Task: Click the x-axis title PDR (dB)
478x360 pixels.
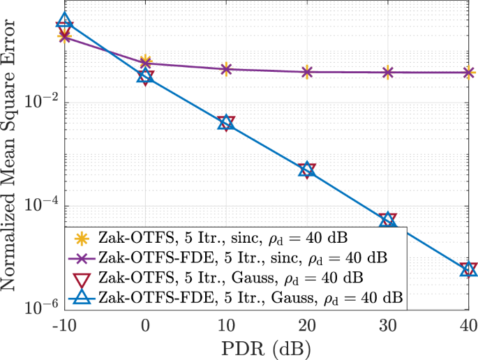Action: click(x=267, y=347)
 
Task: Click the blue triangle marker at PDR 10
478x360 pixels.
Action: click(x=226, y=123)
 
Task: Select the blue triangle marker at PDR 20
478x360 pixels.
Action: click(x=307, y=169)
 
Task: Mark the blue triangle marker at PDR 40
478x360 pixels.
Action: click(x=468, y=269)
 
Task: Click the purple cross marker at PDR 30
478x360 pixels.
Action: click(x=388, y=72)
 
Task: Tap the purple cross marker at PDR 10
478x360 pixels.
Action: click(x=226, y=69)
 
